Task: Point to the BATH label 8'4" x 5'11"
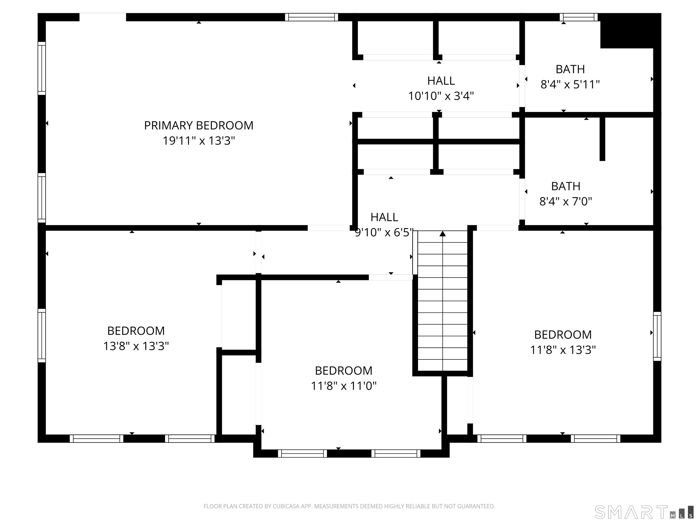click(x=570, y=77)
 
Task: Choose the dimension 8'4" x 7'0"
click(x=565, y=201)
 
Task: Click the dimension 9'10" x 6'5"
click(x=384, y=232)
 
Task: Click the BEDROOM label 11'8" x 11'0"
click(x=344, y=378)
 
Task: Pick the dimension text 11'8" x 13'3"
click(x=562, y=350)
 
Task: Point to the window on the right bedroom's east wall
click(x=657, y=336)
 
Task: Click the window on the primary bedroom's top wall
click(x=311, y=17)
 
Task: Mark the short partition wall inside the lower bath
click(x=602, y=139)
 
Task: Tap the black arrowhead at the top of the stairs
click(x=442, y=234)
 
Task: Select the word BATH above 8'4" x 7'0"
click(x=565, y=186)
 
